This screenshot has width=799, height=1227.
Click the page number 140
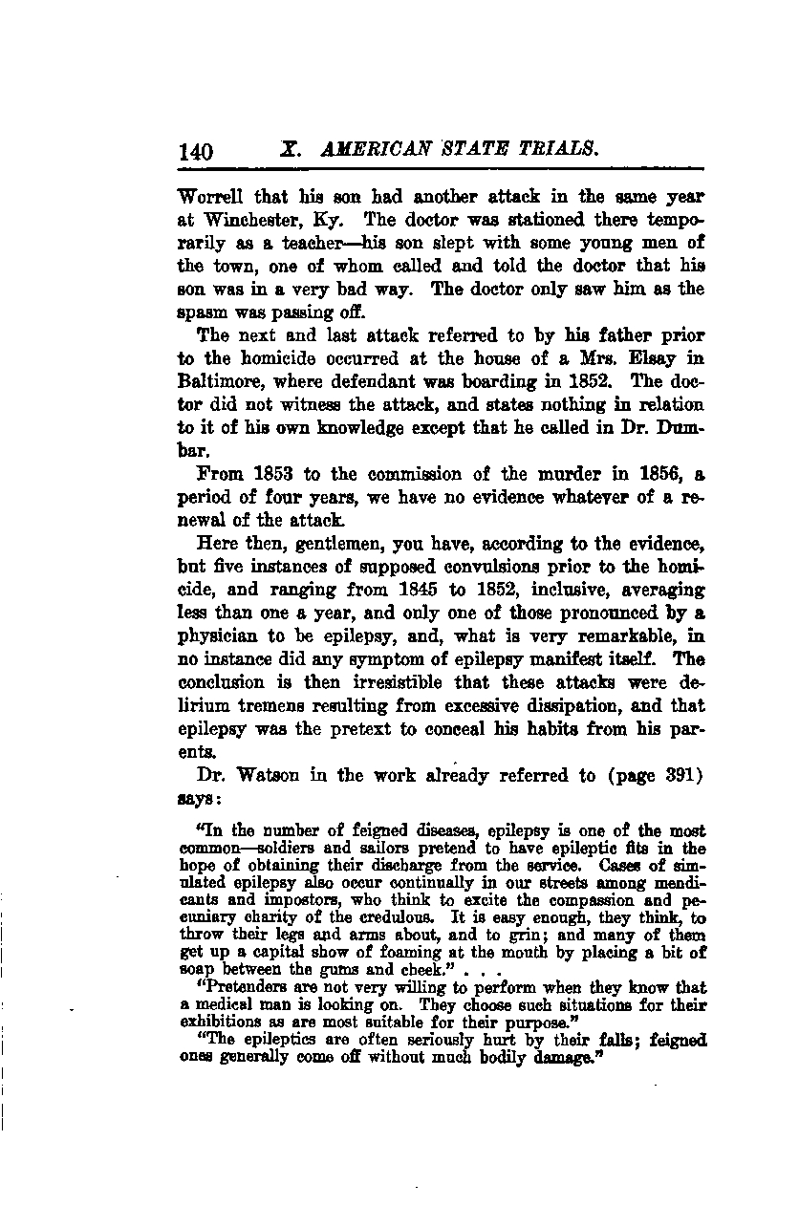pos(196,152)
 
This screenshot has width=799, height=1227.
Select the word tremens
pos(284,706)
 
